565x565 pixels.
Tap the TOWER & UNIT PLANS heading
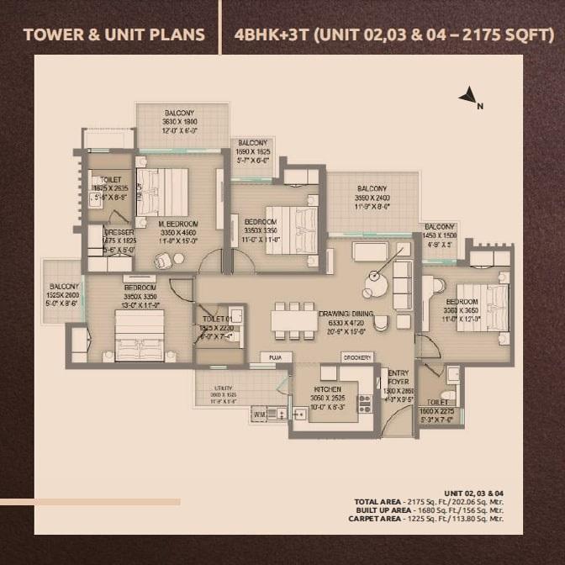pyautogui.click(x=114, y=34)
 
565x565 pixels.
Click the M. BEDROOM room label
pyautogui.click(x=177, y=224)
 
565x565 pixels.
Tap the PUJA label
pyautogui.click(x=274, y=357)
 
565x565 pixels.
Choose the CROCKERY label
pyautogui.click(x=356, y=357)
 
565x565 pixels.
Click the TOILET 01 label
pyautogui.click(x=216, y=320)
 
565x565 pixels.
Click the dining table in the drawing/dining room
pyautogui.click(x=294, y=322)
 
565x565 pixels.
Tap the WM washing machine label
pyautogui.click(x=258, y=413)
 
